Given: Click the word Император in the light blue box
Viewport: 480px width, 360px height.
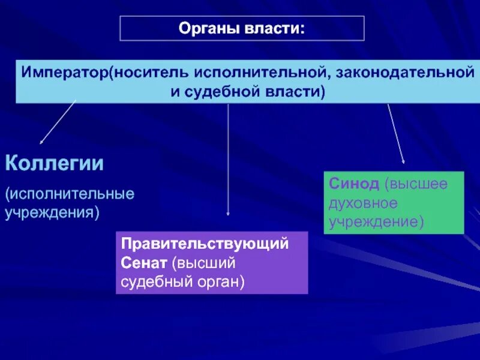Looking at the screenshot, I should coord(65,72).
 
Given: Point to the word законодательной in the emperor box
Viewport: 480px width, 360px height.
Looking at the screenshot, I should coord(401,72).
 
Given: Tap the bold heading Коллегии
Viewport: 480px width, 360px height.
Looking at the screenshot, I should coord(55,163).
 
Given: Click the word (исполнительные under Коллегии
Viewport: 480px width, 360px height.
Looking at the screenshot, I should coord(70,194).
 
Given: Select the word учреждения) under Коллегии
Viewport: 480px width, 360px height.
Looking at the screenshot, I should coord(52,212).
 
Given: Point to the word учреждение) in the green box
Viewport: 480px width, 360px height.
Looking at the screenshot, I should coord(376,221).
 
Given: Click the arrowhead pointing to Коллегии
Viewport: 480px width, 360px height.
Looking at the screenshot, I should coord(41,142).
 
